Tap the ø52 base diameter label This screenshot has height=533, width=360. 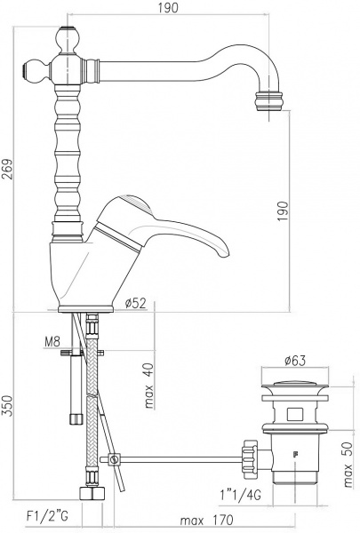pyautogui.click(x=136, y=304)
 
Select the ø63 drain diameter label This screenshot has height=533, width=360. pyautogui.click(x=295, y=361)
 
